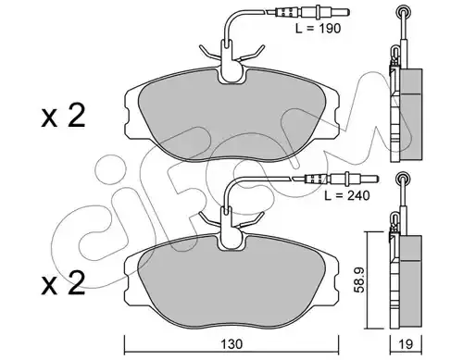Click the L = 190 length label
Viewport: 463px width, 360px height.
318,29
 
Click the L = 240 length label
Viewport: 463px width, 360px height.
347,195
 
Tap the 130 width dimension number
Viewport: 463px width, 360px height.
231,344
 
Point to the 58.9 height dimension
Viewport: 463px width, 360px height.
360,279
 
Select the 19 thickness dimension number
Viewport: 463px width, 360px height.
406,344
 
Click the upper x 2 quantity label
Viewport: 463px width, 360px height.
63,117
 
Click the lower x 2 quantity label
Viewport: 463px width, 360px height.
63,283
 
